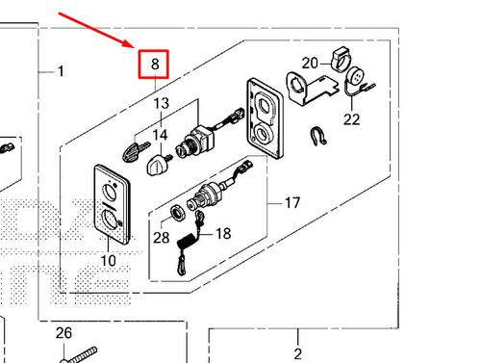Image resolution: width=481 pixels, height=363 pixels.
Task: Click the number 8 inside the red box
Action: pos(154,65)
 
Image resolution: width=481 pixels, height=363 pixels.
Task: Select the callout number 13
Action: pos(160,103)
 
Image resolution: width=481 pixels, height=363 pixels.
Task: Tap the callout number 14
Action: pos(160,136)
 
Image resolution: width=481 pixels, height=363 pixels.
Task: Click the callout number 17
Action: pos(292,203)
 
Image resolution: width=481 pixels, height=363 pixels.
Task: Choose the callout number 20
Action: pos(309,64)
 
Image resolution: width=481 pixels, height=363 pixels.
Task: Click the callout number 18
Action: pos(223,233)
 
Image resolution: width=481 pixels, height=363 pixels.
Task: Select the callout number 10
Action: pos(107,261)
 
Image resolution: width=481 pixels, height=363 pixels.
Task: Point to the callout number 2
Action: pos(297,352)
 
